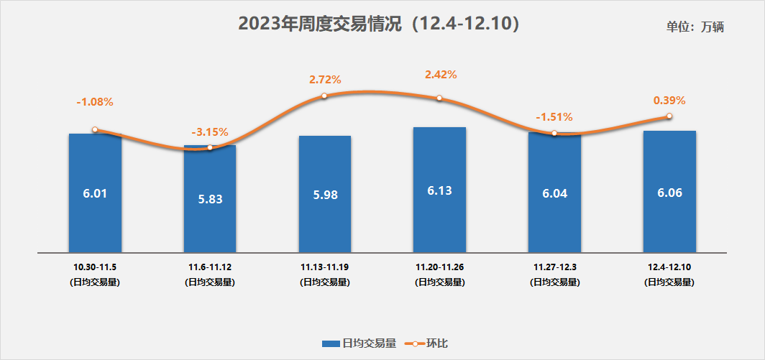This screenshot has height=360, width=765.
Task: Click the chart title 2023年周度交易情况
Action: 378,24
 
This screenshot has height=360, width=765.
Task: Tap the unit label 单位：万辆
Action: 695,27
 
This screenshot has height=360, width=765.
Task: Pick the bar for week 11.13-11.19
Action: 325,194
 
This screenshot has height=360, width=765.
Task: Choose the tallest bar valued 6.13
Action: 439,190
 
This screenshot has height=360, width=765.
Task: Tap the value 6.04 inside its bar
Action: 554,193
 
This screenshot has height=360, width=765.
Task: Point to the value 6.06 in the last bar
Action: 669,193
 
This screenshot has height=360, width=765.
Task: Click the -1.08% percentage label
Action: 95,102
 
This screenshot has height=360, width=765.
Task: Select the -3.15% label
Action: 210,131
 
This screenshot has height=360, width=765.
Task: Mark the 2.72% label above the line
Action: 325,79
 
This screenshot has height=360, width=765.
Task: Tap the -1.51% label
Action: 554,117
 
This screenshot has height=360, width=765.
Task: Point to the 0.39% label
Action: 669,101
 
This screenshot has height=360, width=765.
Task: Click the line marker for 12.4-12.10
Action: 669,116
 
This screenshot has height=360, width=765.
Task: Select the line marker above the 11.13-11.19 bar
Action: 324,96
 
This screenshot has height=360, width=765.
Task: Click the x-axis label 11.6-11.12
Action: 210,267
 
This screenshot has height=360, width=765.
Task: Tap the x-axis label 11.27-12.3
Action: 554,267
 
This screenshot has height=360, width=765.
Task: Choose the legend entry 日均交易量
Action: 359,343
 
